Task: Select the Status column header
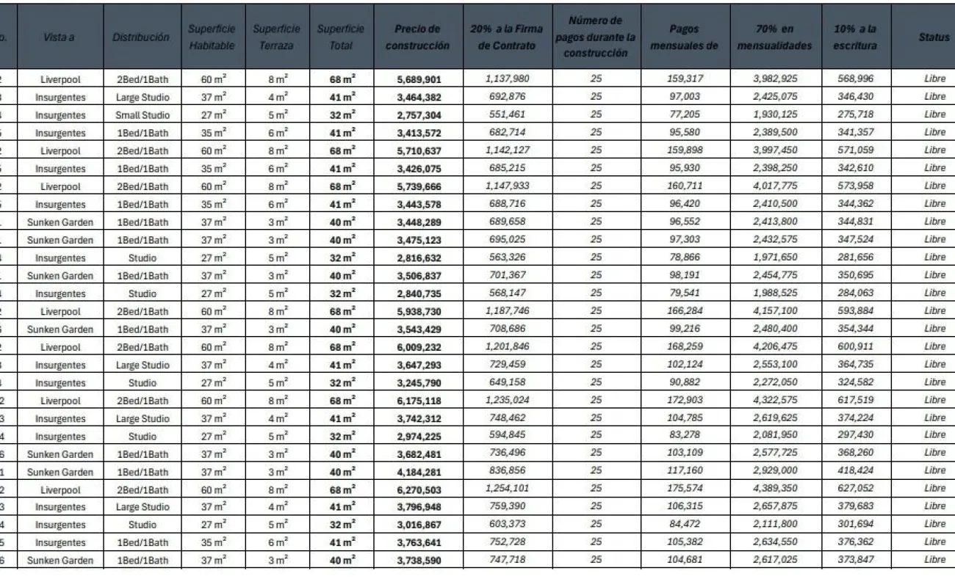tap(934, 37)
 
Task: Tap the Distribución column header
tap(141, 37)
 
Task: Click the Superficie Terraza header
tap(276, 37)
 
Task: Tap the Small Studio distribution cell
tap(143, 115)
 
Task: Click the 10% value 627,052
tap(854, 489)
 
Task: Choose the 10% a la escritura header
tap(855, 37)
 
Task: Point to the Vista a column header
tap(59, 37)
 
